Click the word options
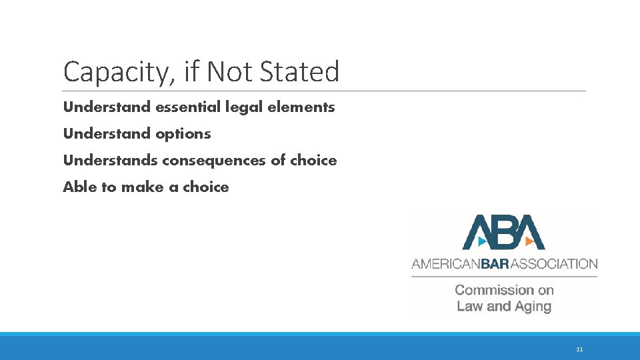183,133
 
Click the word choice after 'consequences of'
313,160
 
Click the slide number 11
579,349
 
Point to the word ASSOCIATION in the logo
557,264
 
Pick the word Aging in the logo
533,307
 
